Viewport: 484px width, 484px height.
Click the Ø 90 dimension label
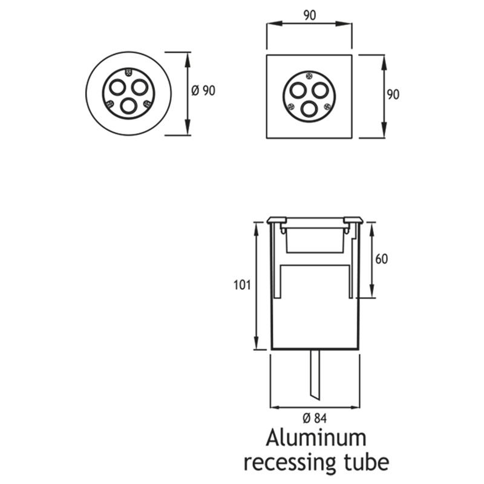203,91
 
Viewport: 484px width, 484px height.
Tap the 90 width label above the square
309,16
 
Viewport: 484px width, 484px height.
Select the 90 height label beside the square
393,94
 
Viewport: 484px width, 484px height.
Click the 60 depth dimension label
381,259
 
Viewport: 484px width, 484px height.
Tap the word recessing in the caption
289,463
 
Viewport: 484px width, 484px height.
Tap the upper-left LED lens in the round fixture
117,86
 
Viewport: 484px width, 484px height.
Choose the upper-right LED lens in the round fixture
140,87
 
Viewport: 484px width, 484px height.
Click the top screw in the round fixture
128,72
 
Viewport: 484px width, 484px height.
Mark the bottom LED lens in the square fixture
309,108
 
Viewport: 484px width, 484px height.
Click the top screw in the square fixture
309,76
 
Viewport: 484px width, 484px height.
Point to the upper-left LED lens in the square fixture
298,90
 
